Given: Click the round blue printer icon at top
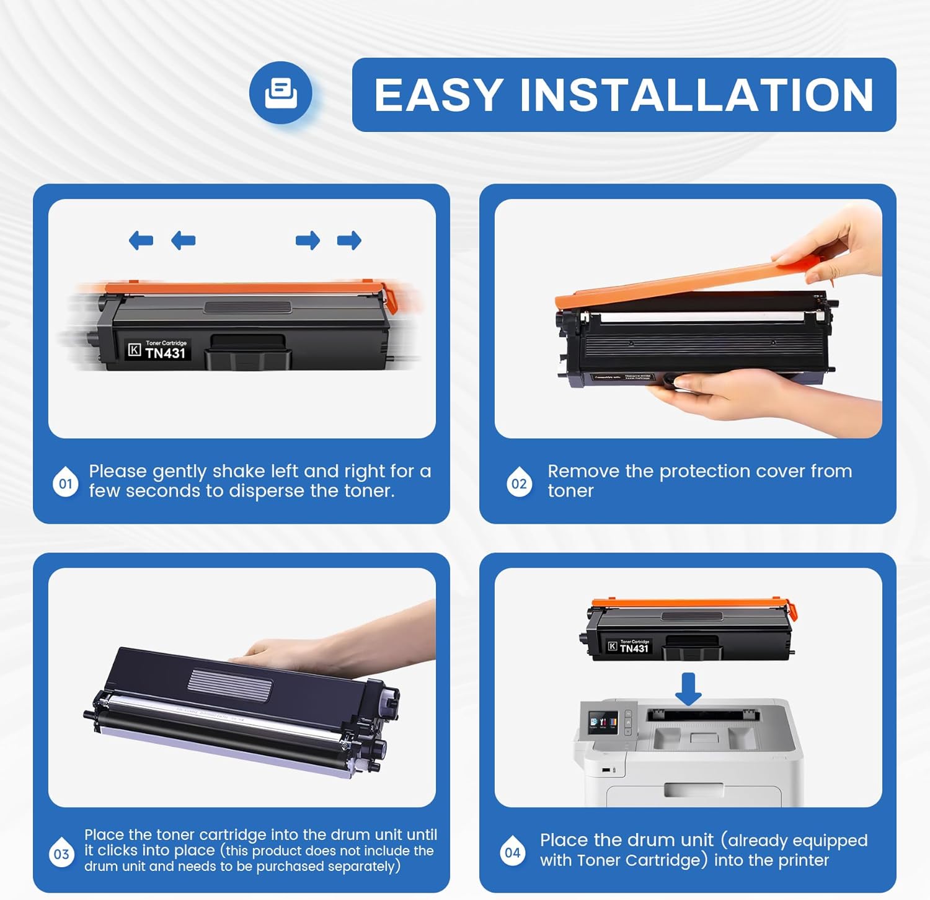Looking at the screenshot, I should [281, 93].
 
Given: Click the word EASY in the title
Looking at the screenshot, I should [438, 95].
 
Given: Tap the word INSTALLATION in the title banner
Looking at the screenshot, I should [696, 95].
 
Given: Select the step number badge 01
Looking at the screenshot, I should [66, 483].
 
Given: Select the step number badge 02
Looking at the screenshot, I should [520, 483].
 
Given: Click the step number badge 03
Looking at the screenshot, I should [61, 854].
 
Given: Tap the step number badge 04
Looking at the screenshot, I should [513, 852].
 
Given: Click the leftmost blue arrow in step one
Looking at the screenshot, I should [141, 240].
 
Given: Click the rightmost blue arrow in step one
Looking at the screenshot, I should [349, 240].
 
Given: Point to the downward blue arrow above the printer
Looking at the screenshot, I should [688, 689].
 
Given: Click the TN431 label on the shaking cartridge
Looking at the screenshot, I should [165, 353].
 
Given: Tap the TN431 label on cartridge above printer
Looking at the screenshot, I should [634, 648].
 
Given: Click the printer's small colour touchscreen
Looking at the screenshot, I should [603, 722].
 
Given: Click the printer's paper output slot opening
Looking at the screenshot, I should [702, 715].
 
